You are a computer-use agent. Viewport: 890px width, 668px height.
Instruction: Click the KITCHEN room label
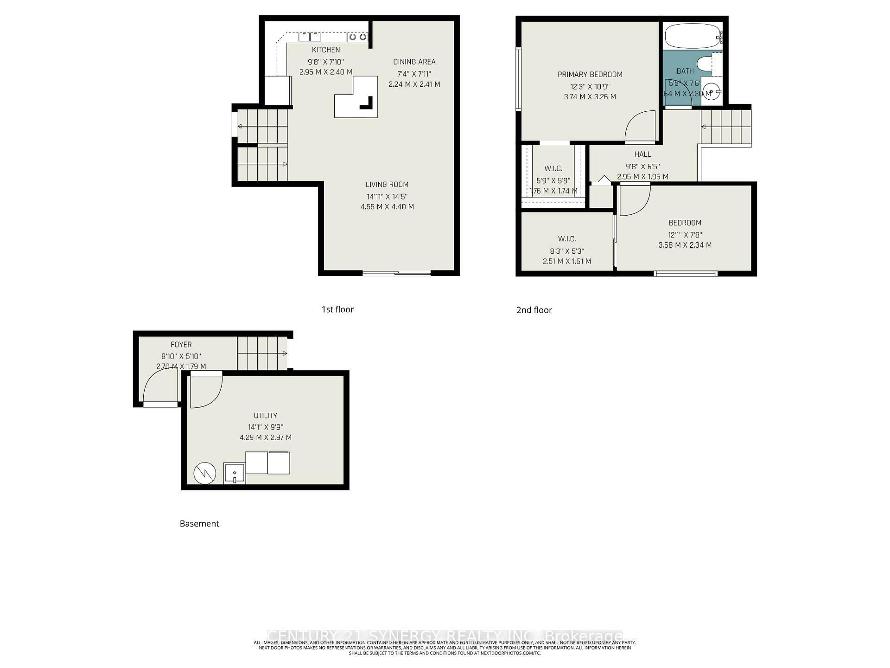pyautogui.click(x=325, y=50)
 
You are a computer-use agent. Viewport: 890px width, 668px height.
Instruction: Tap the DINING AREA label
pyautogui.click(x=414, y=62)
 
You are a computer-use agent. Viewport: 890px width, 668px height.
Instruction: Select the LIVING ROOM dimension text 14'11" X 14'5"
pyautogui.click(x=387, y=196)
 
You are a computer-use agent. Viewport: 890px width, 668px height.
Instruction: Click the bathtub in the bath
pyautogui.click(x=691, y=36)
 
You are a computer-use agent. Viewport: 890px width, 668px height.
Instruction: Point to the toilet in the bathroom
pyautogui.click(x=706, y=63)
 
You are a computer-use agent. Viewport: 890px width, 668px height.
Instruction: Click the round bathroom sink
pyautogui.click(x=711, y=92)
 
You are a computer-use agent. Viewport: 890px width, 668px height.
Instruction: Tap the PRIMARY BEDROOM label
pyautogui.click(x=590, y=74)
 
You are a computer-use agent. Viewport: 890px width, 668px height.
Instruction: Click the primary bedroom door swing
pyautogui.click(x=641, y=126)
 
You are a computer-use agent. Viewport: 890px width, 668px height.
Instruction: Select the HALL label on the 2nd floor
pyautogui.click(x=642, y=154)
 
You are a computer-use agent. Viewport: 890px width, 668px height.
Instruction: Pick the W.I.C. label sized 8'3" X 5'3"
pyautogui.click(x=566, y=239)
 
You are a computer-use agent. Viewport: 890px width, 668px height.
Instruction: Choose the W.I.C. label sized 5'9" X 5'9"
pyautogui.click(x=553, y=168)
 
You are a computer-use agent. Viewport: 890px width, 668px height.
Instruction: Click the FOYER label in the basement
pyautogui.click(x=181, y=345)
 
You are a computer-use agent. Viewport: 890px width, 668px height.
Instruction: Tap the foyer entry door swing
pyautogui.click(x=159, y=387)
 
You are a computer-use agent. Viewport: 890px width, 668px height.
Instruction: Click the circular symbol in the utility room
pyautogui.click(x=204, y=473)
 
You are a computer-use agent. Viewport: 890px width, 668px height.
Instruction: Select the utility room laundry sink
pyautogui.click(x=234, y=473)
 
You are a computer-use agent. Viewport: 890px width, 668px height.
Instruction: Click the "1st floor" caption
pyautogui.click(x=337, y=309)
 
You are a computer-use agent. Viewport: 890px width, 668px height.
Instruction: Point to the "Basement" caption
pyautogui.click(x=199, y=524)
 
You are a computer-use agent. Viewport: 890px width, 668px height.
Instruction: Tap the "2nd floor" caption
pyautogui.click(x=534, y=310)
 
